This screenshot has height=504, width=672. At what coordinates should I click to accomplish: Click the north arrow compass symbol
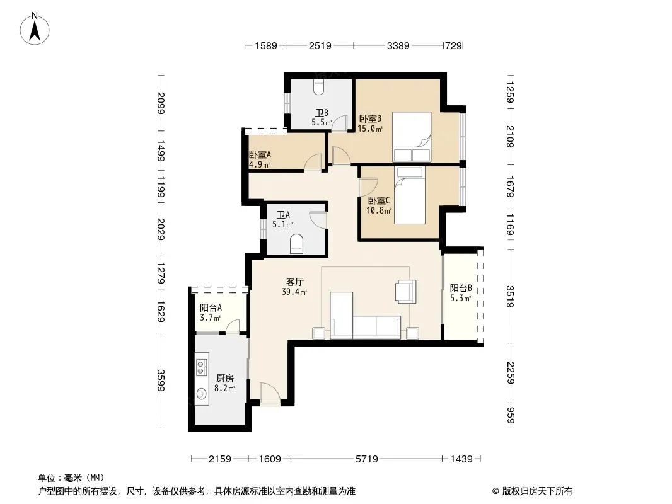click(x=35, y=29)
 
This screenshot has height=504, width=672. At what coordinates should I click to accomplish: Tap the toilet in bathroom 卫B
click(x=319, y=86)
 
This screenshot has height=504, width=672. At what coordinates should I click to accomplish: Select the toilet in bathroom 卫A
click(x=296, y=244)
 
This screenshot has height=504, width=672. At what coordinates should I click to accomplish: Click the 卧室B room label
click(x=370, y=118)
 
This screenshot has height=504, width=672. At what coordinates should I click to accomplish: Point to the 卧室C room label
click(x=379, y=200)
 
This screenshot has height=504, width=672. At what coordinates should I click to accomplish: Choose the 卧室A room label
click(x=260, y=154)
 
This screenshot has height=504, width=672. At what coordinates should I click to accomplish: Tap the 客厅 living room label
click(x=295, y=282)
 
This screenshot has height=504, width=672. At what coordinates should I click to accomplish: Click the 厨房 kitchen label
click(x=225, y=378)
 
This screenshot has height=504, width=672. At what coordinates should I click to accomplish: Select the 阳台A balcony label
click(x=211, y=307)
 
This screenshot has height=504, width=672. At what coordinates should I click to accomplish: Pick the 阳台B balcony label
click(x=461, y=288)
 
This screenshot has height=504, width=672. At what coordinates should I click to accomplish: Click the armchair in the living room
click(x=406, y=291)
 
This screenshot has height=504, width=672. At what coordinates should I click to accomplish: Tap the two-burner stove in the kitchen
click(x=200, y=367)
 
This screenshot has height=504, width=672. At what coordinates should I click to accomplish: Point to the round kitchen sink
click(x=201, y=393)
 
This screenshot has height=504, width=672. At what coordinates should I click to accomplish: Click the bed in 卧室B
click(x=412, y=137)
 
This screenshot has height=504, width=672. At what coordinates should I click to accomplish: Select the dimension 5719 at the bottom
click(x=366, y=459)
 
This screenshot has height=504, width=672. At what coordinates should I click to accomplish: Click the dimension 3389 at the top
click(x=398, y=45)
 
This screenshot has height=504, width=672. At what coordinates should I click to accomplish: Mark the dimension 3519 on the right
click(x=510, y=296)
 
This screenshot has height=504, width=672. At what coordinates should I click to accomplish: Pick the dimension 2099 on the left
click(x=161, y=103)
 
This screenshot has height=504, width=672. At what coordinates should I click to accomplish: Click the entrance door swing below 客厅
click(x=270, y=392)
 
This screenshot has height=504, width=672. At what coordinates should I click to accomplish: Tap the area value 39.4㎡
click(x=294, y=292)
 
